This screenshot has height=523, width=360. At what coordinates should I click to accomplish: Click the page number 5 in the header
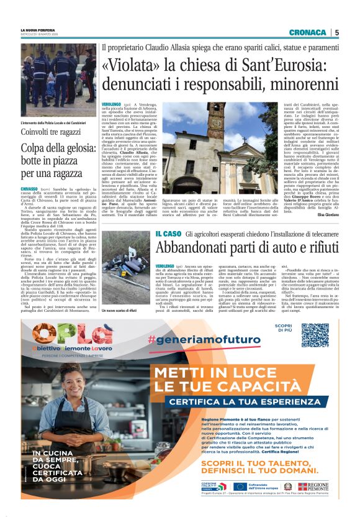tap(337, 32)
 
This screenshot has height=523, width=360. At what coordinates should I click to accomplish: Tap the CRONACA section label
tap(307, 32)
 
